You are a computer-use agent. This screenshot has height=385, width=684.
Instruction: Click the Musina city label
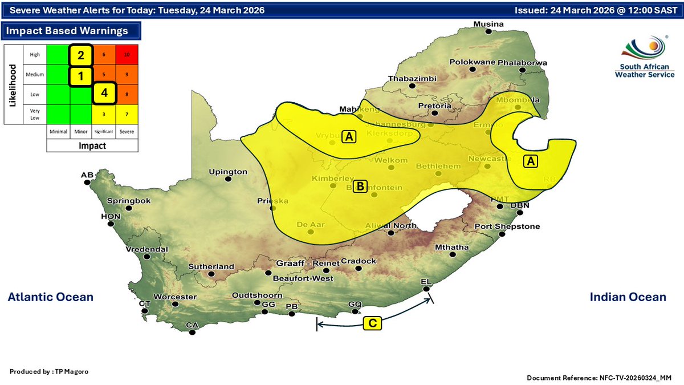(x=490, y=24)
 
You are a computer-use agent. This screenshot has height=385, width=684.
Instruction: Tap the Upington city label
(x=228, y=171)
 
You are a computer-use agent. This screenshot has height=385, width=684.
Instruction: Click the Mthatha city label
(x=452, y=247)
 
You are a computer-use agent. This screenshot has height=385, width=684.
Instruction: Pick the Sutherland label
(x=213, y=266)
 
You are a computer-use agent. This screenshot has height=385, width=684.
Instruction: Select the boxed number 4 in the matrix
(x=104, y=93)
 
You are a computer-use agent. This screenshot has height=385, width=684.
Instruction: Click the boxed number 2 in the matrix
(x=81, y=55)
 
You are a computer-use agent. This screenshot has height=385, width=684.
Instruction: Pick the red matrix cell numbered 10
(x=128, y=55)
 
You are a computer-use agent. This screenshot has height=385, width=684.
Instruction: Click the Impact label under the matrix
(x=92, y=145)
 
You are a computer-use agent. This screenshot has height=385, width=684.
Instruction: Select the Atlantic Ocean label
(x=50, y=297)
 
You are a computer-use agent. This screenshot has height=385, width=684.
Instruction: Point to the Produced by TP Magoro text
(x=49, y=371)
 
